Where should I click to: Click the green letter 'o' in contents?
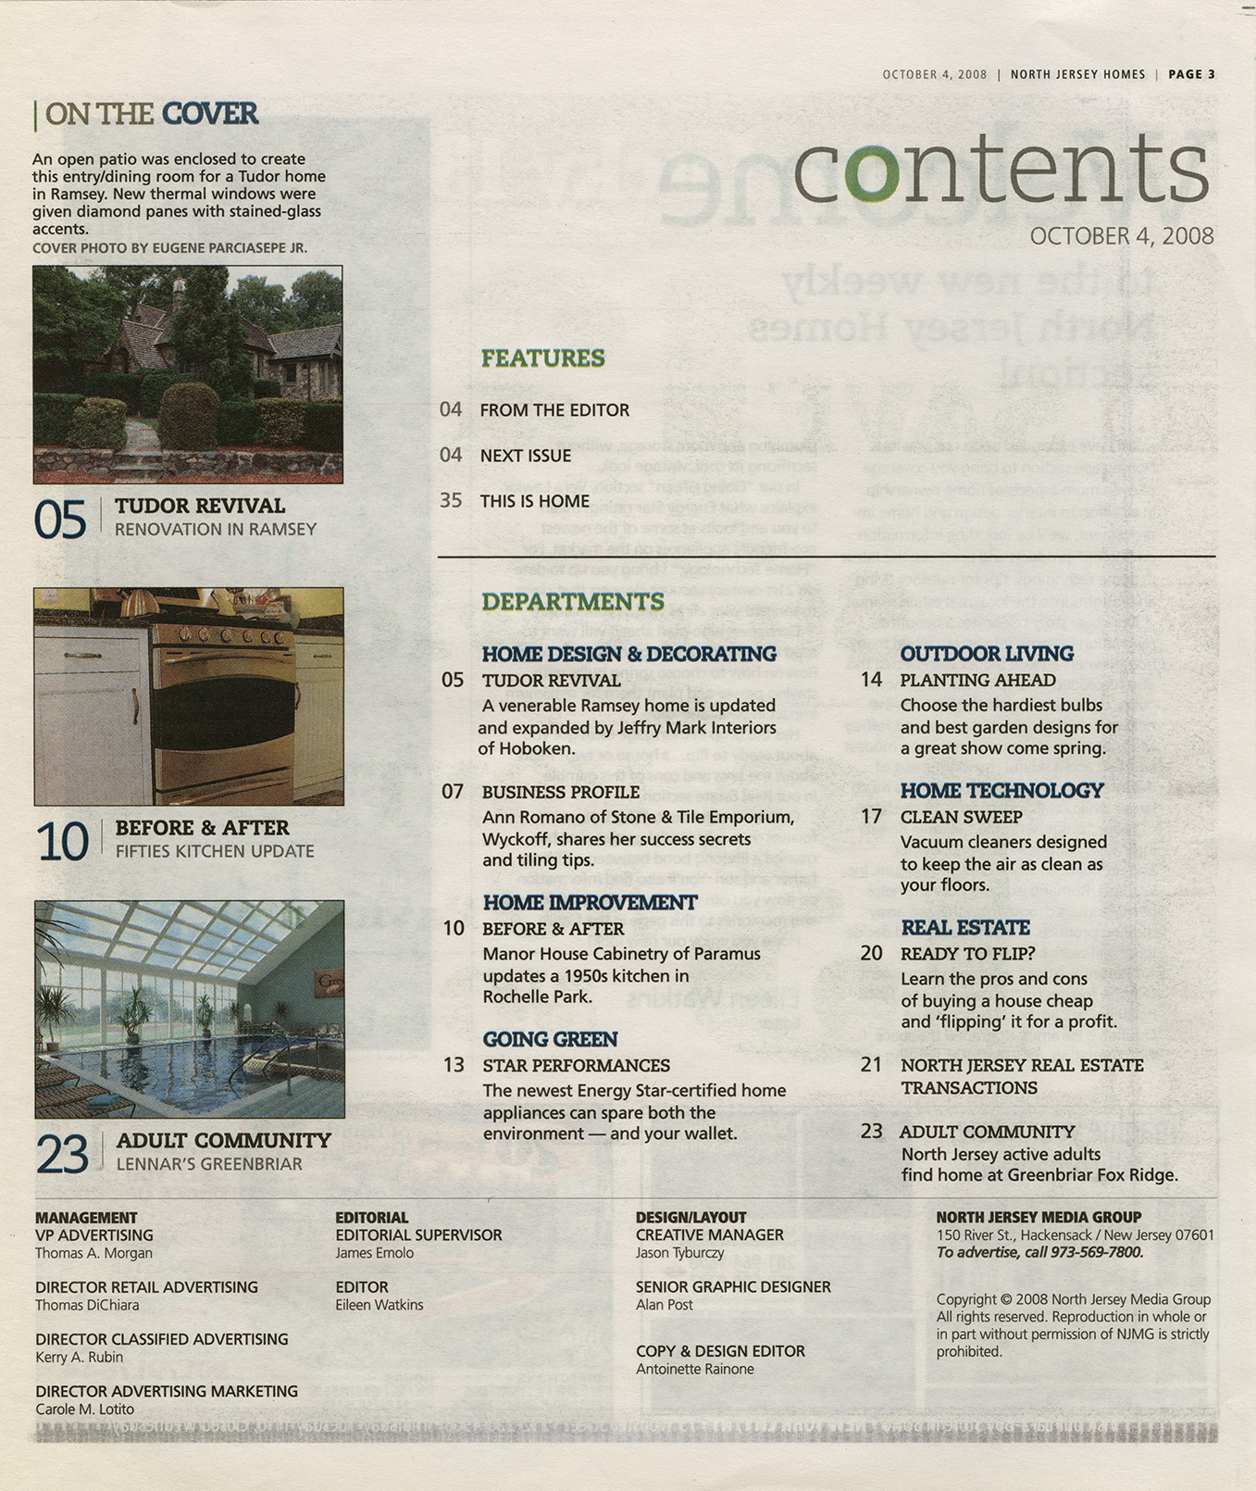click(x=871, y=173)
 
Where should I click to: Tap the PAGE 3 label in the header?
click(x=1191, y=74)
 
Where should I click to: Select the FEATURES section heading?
click(x=542, y=358)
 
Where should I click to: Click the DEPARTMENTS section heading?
click(x=572, y=602)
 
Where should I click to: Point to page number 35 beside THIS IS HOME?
click(x=451, y=501)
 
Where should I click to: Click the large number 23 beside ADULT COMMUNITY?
click(x=62, y=1154)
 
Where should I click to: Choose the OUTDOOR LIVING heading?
click(x=986, y=654)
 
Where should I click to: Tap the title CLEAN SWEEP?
click(x=961, y=818)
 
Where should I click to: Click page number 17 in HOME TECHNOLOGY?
click(x=871, y=817)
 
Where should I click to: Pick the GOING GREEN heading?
click(x=550, y=1039)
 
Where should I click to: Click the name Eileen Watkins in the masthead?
click(x=379, y=1305)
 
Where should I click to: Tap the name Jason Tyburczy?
click(x=679, y=1253)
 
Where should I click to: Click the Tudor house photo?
click(x=188, y=374)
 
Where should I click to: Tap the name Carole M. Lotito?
click(x=84, y=1409)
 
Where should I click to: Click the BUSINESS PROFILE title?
click(x=560, y=793)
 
